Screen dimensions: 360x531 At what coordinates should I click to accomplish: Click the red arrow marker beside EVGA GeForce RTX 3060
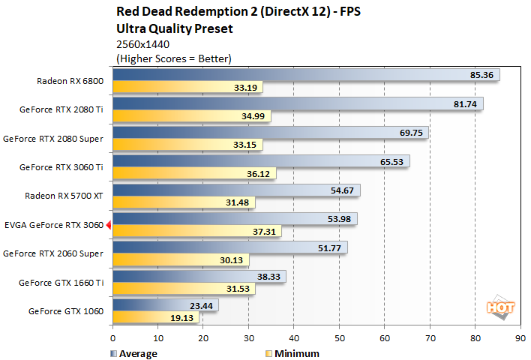(109, 224)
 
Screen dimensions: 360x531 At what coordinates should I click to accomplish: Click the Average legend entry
(135, 353)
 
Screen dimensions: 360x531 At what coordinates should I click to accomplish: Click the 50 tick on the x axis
(339, 338)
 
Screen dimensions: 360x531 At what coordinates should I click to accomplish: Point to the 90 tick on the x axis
(520, 338)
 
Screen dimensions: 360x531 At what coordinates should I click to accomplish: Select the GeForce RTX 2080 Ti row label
(64, 109)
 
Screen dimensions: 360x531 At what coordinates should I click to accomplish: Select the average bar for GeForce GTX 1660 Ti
(199, 275)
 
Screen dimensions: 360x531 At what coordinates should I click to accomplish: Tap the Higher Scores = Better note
(173, 58)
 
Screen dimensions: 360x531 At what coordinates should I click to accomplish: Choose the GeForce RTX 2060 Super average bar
(229, 247)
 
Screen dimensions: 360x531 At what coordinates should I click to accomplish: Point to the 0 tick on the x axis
(113, 338)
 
